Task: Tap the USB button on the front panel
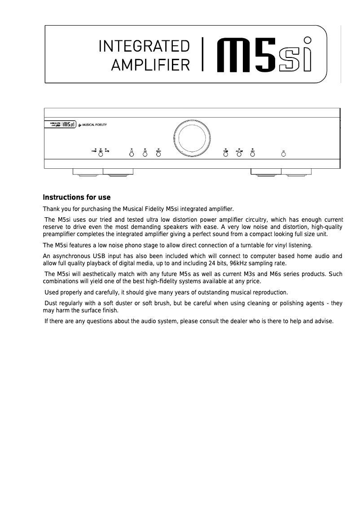coord(145,154)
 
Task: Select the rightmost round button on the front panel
coord(284,154)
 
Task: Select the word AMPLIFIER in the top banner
coord(150,66)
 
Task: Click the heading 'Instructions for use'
coord(76,197)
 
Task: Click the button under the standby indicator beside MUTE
coord(101,154)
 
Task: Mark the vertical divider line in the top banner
coord(203,55)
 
